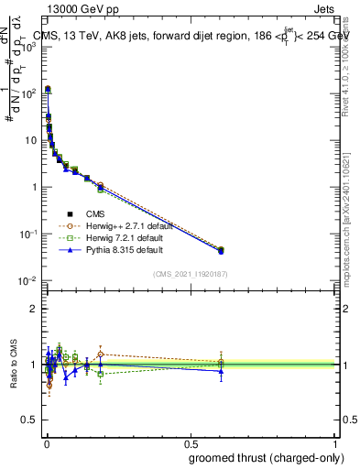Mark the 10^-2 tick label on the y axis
pos(27,280)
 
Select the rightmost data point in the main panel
pos(220,249)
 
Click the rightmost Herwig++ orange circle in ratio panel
pos(220,362)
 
